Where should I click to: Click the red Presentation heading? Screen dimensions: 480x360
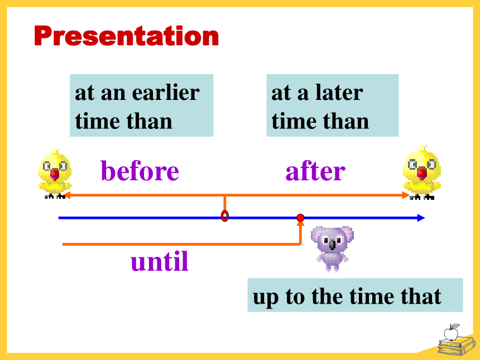127,36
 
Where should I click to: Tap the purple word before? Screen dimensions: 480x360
140,170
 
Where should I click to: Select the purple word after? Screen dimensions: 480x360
315,170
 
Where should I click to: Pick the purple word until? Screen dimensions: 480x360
160,261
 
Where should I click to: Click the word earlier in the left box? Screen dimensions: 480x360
166,92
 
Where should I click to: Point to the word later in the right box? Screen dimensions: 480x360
339,92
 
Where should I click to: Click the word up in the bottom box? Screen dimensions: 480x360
266,297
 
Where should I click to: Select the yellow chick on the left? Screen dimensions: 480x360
55,174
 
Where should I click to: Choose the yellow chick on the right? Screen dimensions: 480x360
422,172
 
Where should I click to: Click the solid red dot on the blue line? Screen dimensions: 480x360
300,218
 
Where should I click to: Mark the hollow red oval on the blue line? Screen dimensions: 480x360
225,216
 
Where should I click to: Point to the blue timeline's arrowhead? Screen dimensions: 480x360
421,218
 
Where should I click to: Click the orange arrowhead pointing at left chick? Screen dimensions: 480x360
67,195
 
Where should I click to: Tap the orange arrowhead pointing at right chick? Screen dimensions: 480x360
406,195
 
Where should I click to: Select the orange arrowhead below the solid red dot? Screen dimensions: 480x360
301,224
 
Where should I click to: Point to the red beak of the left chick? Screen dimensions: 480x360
55,174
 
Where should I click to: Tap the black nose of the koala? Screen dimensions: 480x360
333,244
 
